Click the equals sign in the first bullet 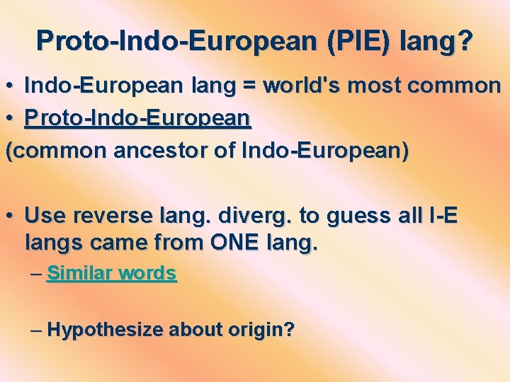point(249,86)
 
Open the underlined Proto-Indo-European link point(137,119)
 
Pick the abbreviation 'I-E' point(439,215)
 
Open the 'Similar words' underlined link point(111,273)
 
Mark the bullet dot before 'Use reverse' point(11,215)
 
